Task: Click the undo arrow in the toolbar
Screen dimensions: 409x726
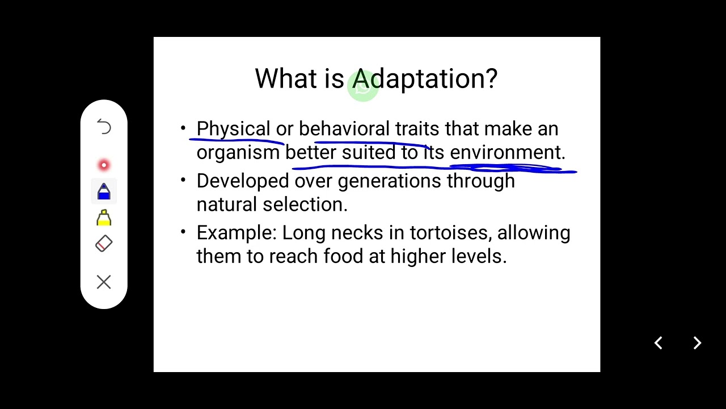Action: click(104, 127)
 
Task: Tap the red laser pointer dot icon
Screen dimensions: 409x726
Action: click(104, 165)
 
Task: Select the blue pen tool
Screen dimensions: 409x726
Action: click(104, 191)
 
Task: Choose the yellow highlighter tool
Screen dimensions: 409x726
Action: click(104, 218)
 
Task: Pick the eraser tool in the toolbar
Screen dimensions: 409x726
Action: click(104, 244)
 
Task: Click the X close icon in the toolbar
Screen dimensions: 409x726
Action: click(104, 282)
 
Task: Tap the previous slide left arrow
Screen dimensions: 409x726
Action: click(659, 343)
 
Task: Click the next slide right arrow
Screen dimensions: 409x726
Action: click(698, 343)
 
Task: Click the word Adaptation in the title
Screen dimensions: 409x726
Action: click(425, 79)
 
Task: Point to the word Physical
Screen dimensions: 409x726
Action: click(233, 129)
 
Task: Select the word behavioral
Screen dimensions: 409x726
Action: click(344, 129)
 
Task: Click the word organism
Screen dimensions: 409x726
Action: click(238, 153)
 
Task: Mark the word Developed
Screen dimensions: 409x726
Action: click(243, 181)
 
